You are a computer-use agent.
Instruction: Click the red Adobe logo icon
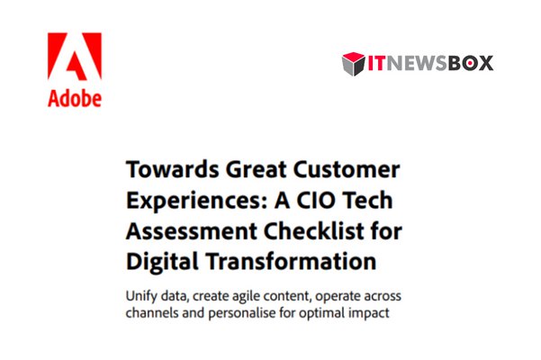click(x=74, y=58)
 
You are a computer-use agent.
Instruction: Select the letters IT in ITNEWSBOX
click(x=374, y=64)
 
